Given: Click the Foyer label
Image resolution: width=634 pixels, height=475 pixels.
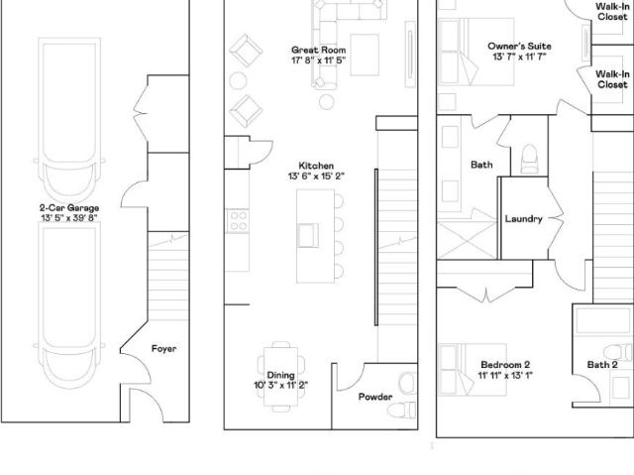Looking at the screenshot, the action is (x=163, y=349).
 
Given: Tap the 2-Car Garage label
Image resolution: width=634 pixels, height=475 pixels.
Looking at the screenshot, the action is (x=69, y=208).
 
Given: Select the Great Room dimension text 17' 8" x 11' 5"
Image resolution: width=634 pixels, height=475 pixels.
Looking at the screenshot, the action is (x=318, y=60).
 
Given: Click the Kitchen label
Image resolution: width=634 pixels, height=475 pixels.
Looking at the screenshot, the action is (x=316, y=166).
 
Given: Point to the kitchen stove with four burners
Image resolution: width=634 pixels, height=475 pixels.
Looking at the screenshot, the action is (x=238, y=221).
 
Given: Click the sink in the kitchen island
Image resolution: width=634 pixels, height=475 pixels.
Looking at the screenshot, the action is (x=308, y=235).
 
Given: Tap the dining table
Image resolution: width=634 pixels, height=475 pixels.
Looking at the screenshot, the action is (x=281, y=376).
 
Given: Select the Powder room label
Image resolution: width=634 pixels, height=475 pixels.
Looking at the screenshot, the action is (x=375, y=397).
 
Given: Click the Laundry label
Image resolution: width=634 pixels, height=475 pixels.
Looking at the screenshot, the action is (x=524, y=219).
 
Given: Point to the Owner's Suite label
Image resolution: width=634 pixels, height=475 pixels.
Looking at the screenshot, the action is (x=519, y=47).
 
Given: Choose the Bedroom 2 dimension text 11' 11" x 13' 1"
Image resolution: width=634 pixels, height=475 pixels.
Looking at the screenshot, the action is (x=505, y=376).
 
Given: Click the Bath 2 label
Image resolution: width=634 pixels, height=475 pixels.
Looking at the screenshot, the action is (x=602, y=365).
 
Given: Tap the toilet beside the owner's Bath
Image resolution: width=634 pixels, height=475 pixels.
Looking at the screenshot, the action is (x=529, y=159).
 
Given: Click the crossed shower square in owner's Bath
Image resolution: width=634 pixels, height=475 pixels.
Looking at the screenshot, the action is (x=467, y=240).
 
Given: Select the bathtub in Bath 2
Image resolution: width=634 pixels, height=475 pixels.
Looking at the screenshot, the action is (x=603, y=320).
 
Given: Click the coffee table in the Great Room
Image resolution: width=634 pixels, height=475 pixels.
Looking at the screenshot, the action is (x=365, y=55).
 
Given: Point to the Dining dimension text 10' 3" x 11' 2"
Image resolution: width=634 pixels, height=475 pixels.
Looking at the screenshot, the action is (x=281, y=385).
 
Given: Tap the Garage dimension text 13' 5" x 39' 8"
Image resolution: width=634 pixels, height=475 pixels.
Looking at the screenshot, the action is (x=69, y=218).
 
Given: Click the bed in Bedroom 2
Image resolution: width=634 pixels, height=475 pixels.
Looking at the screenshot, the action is (x=473, y=370).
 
